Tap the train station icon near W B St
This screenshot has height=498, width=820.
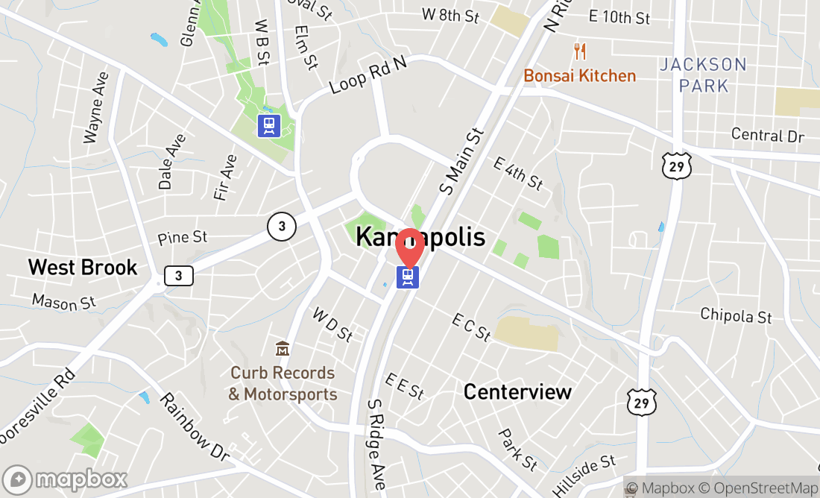[x=268, y=125]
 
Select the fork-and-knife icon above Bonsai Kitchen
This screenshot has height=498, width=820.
[x=580, y=51]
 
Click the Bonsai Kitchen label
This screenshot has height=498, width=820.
[x=580, y=76]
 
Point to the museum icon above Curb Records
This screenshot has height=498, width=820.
[x=283, y=348]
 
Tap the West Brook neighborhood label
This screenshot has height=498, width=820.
[x=83, y=267]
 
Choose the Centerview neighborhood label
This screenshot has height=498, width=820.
[x=517, y=391]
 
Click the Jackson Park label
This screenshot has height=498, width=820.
[x=703, y=75]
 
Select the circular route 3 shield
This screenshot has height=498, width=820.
[x=282, y=227]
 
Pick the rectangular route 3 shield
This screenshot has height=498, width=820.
[x=178, y=276]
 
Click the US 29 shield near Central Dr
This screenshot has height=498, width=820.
[x=677, y=166]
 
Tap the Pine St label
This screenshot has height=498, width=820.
[x=182, y=238]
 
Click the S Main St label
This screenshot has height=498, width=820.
[x=462, y=161]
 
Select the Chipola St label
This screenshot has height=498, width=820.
[x=735, y=315]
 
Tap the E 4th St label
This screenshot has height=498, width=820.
[x=518, y=173]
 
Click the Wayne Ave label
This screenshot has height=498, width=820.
[x=97, y=107]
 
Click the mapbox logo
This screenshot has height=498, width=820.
[x=65, y=479]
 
